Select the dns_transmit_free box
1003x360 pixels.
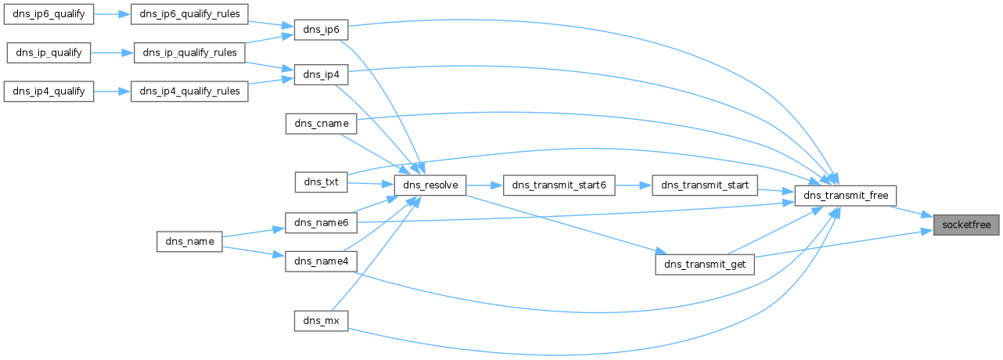tap(845, 196)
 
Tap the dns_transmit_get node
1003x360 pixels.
tap(704, 265)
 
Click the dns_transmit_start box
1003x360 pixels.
tap(704, 185)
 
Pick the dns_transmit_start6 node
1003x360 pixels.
tap(559, 185)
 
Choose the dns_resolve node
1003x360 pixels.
tap(430, 185)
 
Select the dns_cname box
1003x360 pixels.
tap(320, 123)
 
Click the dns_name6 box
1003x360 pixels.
tap(320, 224)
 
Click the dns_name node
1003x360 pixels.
tap(190, 241)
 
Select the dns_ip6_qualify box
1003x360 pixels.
tap(49, 14)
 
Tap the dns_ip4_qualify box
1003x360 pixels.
tap(49, 92)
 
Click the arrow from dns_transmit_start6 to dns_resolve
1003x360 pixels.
tap(485, 185)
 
